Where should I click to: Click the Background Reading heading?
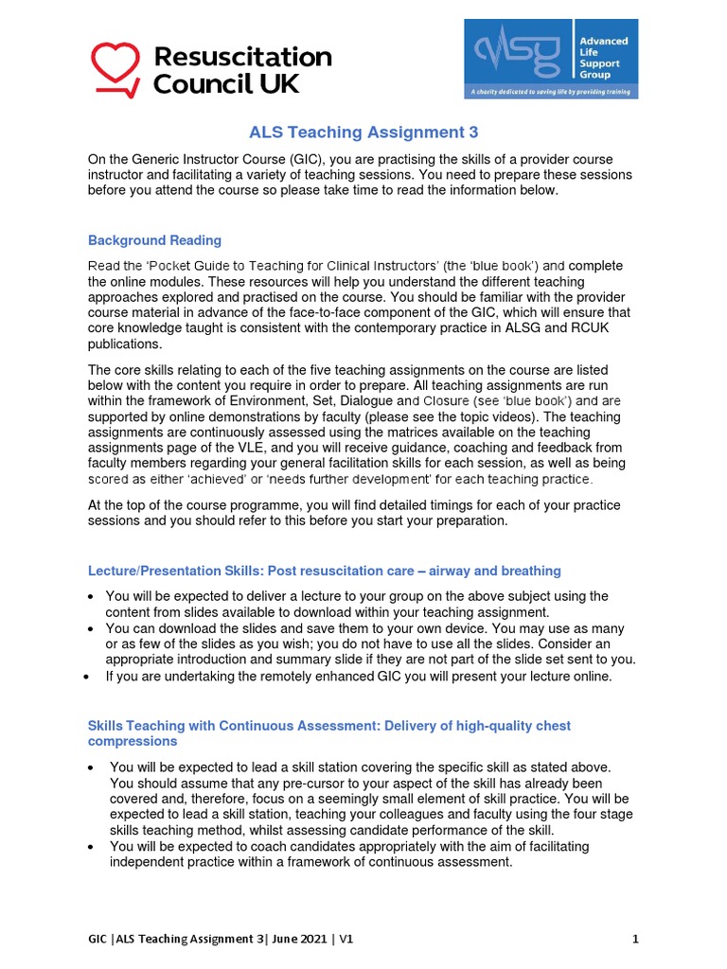pos(154,240)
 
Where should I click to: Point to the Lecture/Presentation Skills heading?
pos(324,571)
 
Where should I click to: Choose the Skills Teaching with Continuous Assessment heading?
pos(328,726)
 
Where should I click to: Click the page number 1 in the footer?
pos(636,940)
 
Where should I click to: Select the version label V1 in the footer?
pos(343,940)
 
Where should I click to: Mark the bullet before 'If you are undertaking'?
pos(87,677)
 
